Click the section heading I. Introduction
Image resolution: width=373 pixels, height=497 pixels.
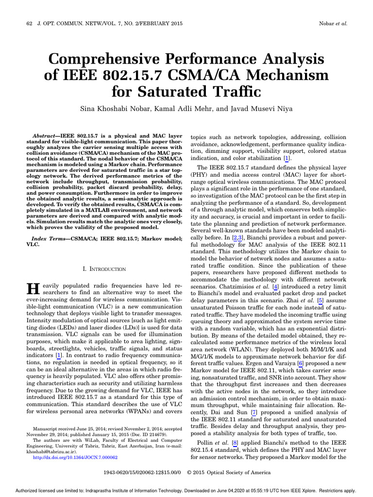click(105, 268)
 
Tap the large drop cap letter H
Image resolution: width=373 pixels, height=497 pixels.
click(32, 289)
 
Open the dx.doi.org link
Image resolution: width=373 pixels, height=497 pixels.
click(75, 457)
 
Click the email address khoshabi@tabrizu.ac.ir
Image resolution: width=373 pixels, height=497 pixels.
click(51, 451)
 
